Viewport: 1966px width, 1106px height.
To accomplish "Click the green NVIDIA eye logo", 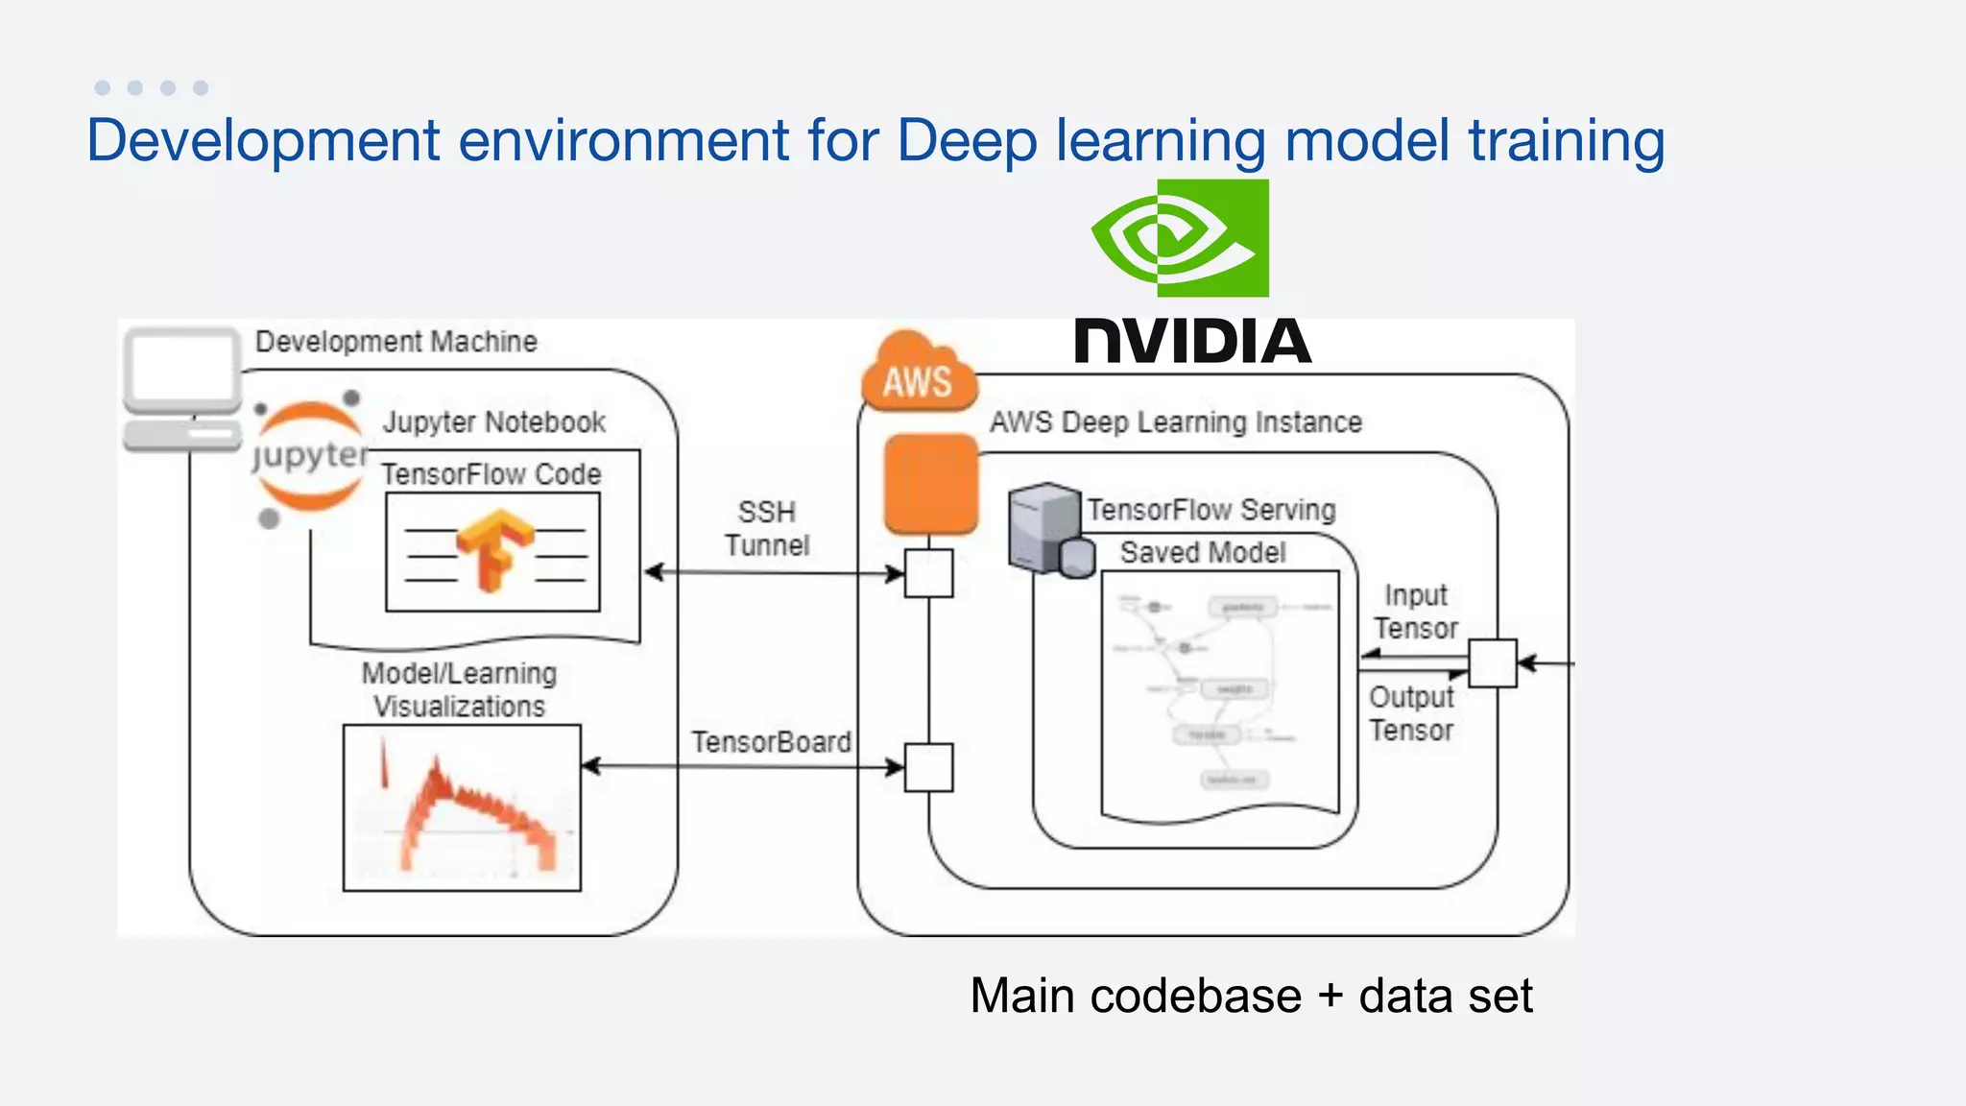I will click(x=1181, y=237).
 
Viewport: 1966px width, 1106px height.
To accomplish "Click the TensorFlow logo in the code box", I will click(x=493, y=550).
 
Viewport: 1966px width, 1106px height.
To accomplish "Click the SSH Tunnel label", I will click(x=766, y=528).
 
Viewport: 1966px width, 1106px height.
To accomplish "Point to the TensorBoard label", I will click(x=771, y=741).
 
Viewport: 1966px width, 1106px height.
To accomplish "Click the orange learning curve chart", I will click(x=462, y=807).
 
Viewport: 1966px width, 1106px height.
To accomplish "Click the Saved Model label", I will click(x=1202, y=552).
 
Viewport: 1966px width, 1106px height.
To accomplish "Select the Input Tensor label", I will click(x=1415, y=612).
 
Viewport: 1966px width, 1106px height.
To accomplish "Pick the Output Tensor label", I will click(x=1411, y=713).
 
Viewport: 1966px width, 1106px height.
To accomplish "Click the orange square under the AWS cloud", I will click(x=930, y=483).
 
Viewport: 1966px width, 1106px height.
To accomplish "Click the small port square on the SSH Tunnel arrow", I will click(x=928, y=573).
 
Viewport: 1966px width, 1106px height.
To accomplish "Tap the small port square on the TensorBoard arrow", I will click(x=928, y=767).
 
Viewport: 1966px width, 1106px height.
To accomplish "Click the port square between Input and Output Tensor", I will click(x=1493, y=662).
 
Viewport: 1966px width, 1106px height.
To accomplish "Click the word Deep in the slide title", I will click(x=967, y=141).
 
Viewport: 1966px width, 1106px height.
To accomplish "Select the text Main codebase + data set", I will click(x=1250, y=995).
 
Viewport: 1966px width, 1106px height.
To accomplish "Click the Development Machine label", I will click(x=396, y=342).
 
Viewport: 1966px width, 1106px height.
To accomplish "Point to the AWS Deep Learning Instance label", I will click(x=1175, y=422).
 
